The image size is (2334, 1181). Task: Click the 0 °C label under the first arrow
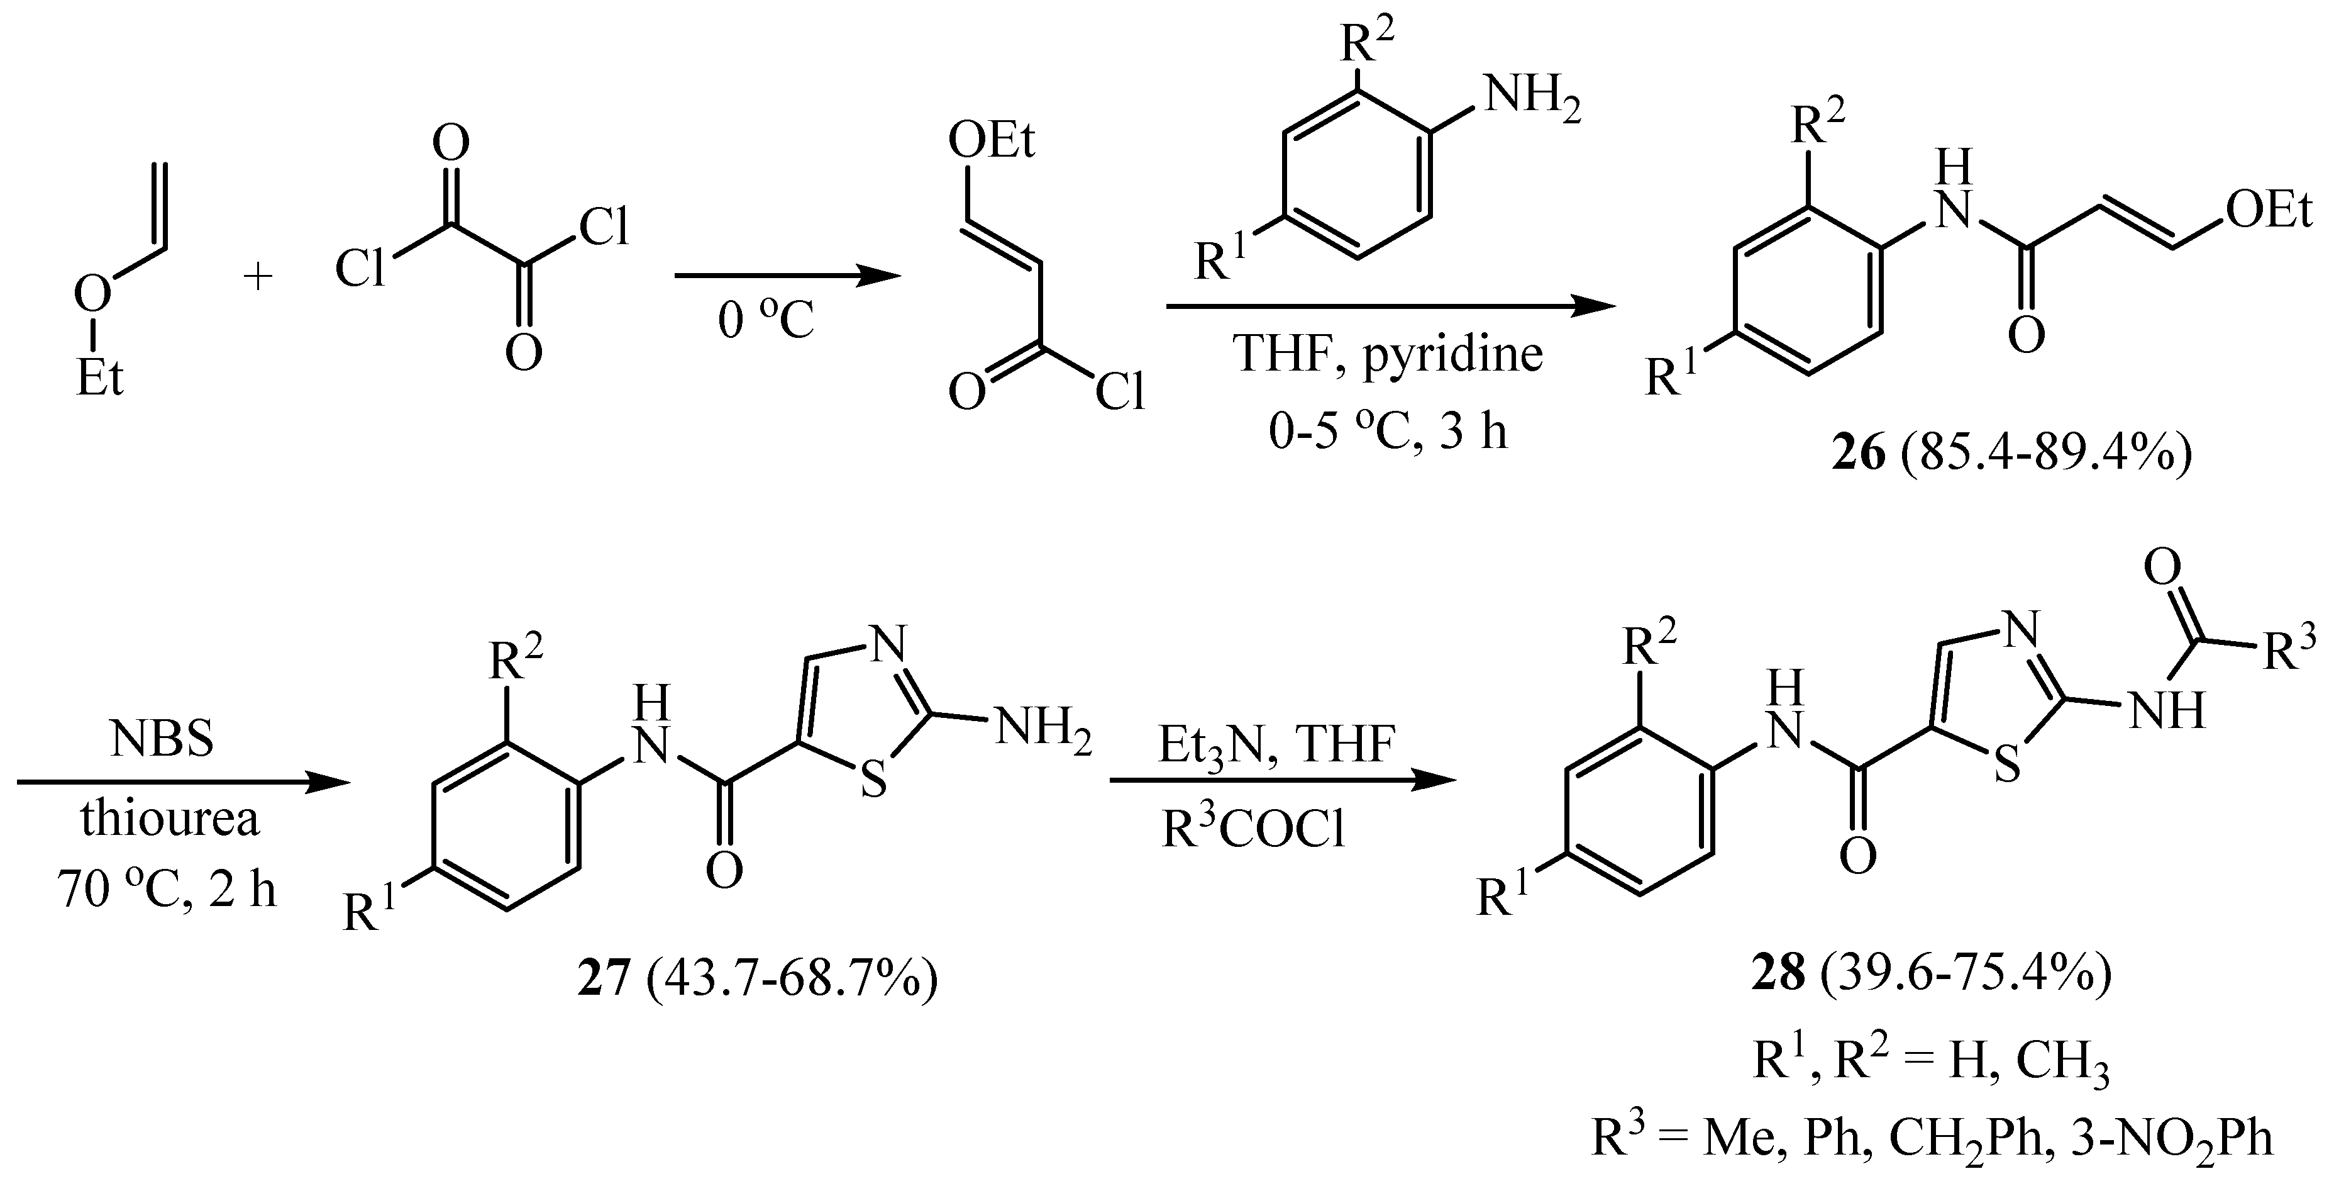(766, 321)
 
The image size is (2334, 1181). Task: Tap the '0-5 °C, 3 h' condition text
(1388, 432)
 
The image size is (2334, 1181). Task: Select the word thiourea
(169, 819)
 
